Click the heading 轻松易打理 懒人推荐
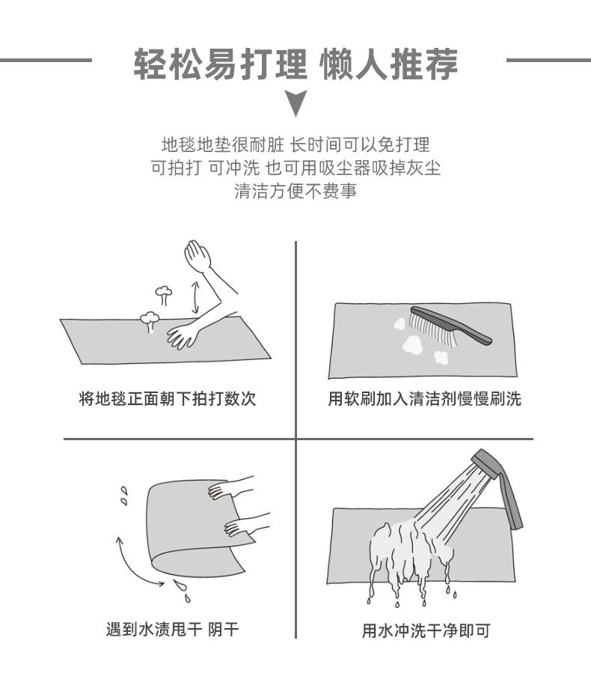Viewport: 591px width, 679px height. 295,64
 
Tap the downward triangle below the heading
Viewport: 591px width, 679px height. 296,103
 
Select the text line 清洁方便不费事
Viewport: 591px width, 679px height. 295,191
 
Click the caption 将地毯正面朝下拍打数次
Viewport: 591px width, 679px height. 168,398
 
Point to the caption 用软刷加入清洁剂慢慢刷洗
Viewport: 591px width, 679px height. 424,398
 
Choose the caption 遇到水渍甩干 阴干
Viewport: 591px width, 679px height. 172,629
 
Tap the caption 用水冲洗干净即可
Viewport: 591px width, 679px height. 426,630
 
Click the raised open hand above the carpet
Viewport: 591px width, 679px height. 197,255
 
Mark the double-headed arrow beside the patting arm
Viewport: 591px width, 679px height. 195,297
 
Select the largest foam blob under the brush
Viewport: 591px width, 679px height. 412,344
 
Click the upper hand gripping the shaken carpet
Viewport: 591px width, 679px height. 230,487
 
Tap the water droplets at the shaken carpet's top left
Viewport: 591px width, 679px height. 124,496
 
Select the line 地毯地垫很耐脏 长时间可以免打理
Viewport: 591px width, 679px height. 295,144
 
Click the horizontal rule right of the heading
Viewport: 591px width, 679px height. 548,60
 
